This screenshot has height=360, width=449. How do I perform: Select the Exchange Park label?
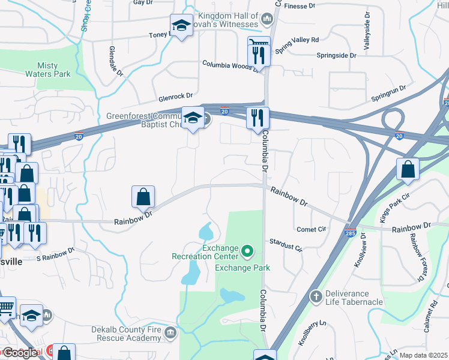[242, 268]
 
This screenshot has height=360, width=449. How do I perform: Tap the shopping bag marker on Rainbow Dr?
[143, 197]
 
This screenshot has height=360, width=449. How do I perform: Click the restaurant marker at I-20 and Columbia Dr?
[258, 118]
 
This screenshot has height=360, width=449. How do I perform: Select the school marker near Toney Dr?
[181, 25]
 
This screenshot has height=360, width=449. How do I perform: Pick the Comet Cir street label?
[311, 229]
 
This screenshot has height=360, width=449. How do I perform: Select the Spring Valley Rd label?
[297, 40]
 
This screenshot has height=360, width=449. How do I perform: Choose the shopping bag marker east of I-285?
[408, 169]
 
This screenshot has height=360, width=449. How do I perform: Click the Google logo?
[20, 353]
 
